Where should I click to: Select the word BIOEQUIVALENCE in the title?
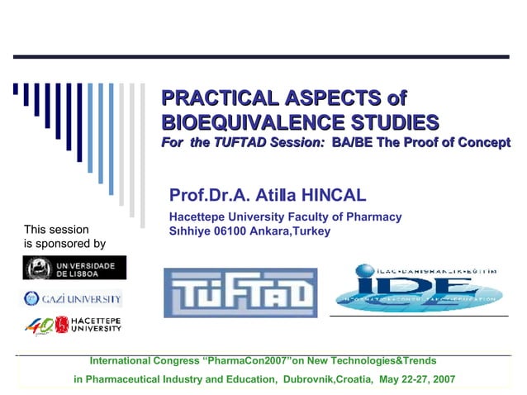pos(247,123)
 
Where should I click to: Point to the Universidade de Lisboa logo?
pos(74,268)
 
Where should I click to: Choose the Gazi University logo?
pos(73,298)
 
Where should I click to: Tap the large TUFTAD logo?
pos(240,293)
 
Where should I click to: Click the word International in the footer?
pos(120,361)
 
